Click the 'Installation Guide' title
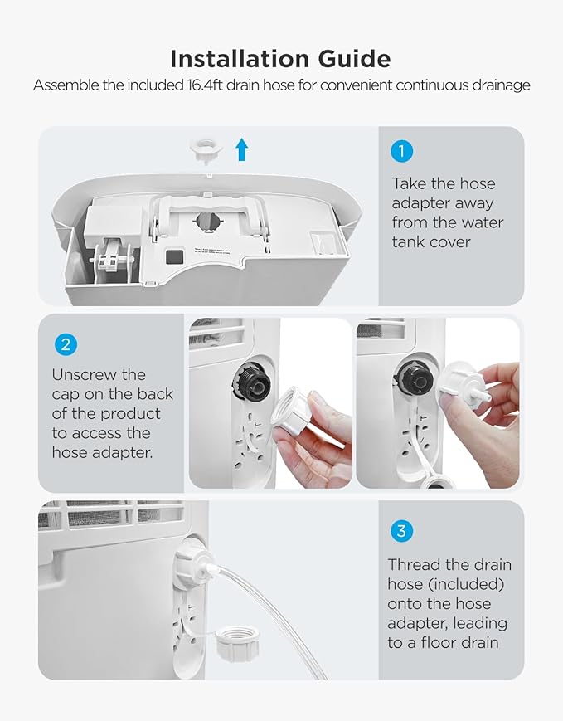280,59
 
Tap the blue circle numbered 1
401,151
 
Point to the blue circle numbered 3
401,531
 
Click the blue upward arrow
241,149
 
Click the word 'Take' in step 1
410,183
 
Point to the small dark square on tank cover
172,257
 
